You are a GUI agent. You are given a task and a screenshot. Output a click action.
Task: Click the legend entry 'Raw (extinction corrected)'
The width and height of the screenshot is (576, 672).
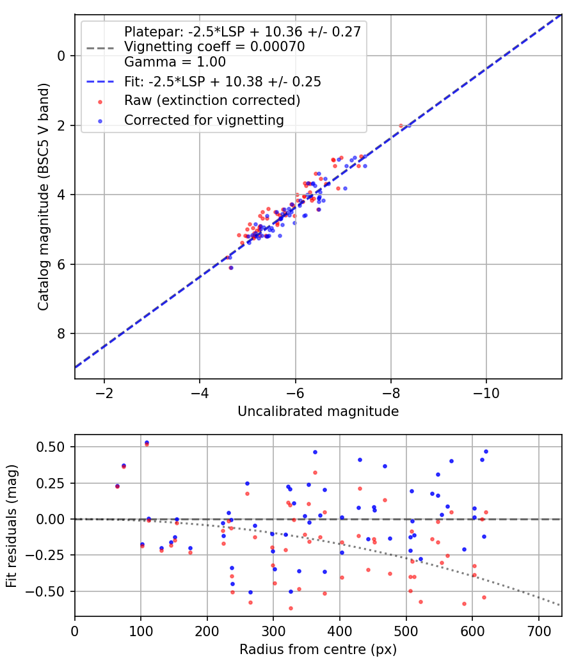click(212, 100)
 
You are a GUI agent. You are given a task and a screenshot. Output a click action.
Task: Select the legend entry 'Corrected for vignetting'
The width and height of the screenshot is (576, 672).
click(204, 120)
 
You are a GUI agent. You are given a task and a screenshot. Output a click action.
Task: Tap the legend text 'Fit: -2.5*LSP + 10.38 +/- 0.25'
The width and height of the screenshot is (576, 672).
click(222, 81)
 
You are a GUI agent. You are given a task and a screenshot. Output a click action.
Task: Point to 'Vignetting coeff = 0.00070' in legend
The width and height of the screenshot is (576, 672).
click(214, 47)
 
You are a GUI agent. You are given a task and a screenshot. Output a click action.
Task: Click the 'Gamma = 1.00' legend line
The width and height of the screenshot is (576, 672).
click(175, 62)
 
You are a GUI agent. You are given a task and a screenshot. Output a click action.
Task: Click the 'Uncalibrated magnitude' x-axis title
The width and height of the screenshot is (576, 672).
click(318, 412)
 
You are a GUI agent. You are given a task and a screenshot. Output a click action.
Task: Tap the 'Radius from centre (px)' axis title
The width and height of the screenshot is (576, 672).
click(318, 650)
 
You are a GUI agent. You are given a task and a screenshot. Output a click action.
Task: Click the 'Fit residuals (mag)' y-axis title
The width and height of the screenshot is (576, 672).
click(12, 525)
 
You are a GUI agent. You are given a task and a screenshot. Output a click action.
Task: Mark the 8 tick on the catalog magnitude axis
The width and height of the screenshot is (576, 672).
click(61, 333)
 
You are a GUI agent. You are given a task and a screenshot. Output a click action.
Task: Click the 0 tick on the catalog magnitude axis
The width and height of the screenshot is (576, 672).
click(61, 56)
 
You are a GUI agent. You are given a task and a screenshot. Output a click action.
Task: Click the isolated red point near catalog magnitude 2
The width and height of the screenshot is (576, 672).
click(401, 126)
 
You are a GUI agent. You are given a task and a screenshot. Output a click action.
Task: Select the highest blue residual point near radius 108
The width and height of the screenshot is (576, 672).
click(147, 442)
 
